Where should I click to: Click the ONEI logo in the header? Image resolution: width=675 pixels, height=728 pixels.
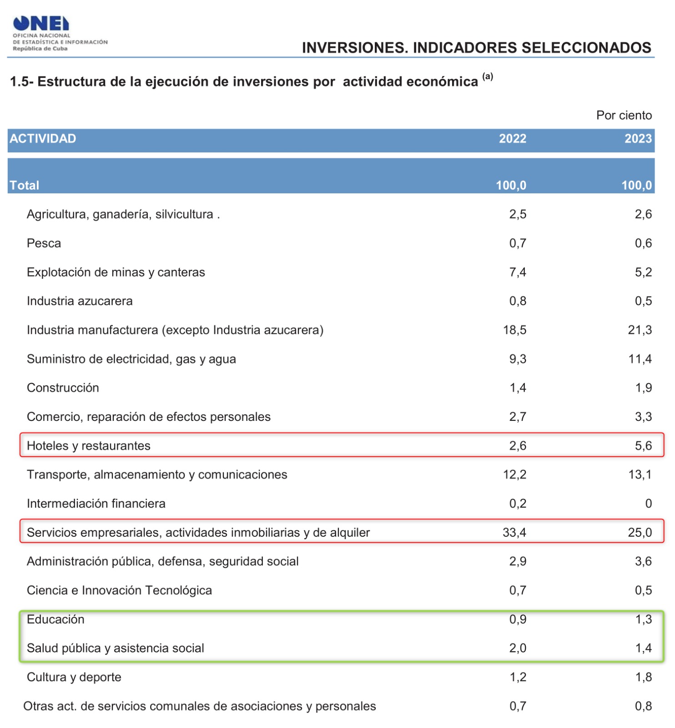point(41,24)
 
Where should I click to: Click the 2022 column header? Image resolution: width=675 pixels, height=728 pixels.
point(512,139)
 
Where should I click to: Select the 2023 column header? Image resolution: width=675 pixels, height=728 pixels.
point(638,139)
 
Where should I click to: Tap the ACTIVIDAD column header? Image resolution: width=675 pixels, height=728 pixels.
point(43,139)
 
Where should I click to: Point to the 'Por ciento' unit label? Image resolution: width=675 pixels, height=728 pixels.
point(624,116)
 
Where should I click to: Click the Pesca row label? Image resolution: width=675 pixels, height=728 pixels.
point(44,243)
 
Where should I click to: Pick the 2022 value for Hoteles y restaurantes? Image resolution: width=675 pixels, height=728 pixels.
point(518,446)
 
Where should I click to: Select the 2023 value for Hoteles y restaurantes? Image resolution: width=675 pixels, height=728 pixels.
point(643,446)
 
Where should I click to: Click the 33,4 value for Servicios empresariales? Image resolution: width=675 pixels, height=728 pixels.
point(514,532)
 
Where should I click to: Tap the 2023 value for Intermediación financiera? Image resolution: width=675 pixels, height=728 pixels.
point(648,504)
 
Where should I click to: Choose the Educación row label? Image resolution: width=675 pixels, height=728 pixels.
point(55,619)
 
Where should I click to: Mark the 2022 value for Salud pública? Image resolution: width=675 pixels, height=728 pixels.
point(518,648)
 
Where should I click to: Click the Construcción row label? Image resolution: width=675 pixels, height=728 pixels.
point(63,388)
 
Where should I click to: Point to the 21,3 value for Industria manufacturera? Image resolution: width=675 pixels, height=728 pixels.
point(640,330)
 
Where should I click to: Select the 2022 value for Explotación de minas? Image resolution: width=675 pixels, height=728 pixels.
point(518,272)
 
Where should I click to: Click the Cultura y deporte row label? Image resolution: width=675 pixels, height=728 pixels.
point(74,677)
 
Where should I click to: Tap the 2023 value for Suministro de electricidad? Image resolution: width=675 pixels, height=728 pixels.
point(640,359)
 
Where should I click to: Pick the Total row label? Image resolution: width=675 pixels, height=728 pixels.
point(25,186)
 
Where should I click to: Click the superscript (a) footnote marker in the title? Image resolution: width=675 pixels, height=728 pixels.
point(488,76)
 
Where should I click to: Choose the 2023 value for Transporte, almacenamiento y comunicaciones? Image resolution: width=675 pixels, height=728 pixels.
point(640,475)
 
